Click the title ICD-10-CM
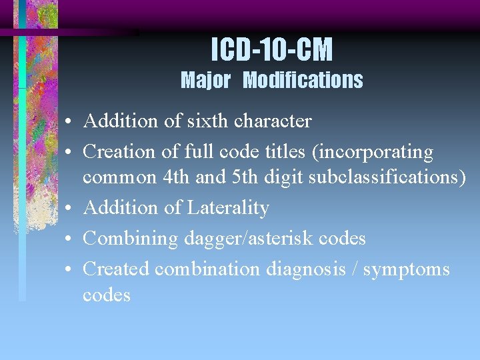coord(272,49)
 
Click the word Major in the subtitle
coord(205,81)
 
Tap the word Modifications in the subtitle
coord(303,81)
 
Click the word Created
coord(116,269)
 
